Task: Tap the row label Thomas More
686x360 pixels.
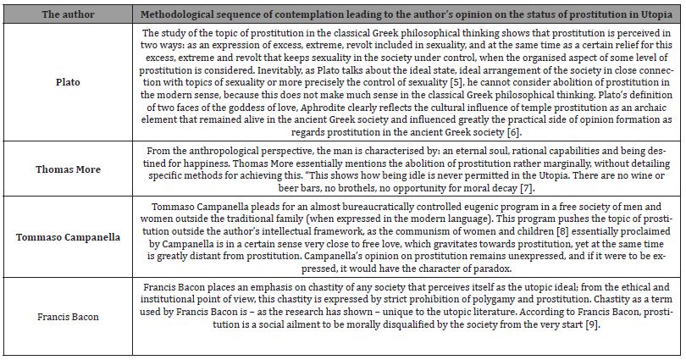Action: pos(68,169)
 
